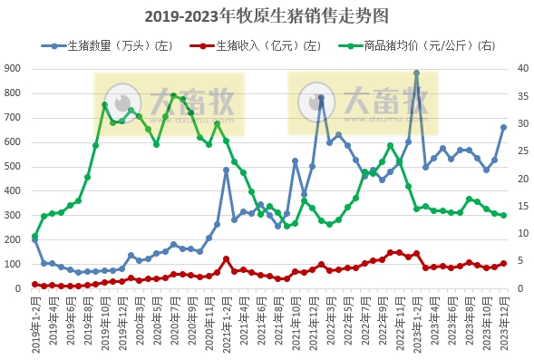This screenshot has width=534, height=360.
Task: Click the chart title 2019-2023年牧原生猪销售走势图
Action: click(x=267, y=16)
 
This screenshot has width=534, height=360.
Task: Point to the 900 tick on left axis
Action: click(x=14, y=69)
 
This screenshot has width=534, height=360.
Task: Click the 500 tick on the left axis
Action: click(x=14, y=167)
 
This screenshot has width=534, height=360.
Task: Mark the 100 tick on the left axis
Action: click(x=14, y=265)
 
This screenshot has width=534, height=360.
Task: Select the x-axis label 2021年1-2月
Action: click(x=220, y=325)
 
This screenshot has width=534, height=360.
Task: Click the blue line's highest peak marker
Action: click(x=416, y=73)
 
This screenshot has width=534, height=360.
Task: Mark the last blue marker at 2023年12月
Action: click(x=503, y=128)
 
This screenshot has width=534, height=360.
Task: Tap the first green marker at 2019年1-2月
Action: click(x=34, y=237)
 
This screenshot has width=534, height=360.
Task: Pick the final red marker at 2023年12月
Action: click(x=503, y=264)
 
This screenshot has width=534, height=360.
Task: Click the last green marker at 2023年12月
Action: click(x=503, y=215)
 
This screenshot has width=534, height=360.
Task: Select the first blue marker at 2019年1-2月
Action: click(x=34, y=240)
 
